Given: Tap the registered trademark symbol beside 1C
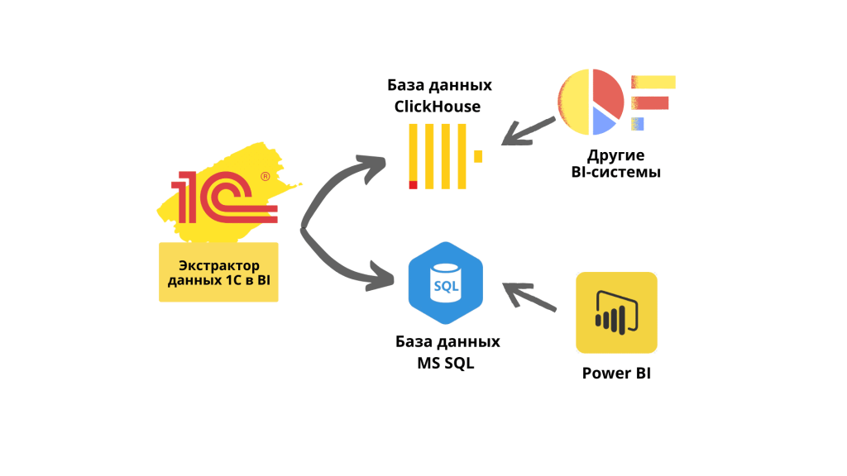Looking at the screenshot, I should point(265,176).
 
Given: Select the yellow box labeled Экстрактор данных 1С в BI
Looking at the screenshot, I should point(218,272).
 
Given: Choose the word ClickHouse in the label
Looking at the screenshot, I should point(438,106).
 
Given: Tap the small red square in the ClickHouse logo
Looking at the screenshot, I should point(413,184).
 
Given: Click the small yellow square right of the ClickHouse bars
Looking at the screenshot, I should point(478,155).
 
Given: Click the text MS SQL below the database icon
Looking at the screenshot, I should point(447,363).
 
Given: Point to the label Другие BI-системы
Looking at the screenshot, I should point(616,164).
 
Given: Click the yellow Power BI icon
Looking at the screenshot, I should point(616,312).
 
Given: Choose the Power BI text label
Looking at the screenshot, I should point(616,373).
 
